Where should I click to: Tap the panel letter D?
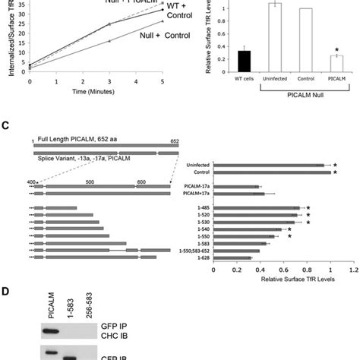[5, 290]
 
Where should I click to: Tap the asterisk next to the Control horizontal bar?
[335, 172]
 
